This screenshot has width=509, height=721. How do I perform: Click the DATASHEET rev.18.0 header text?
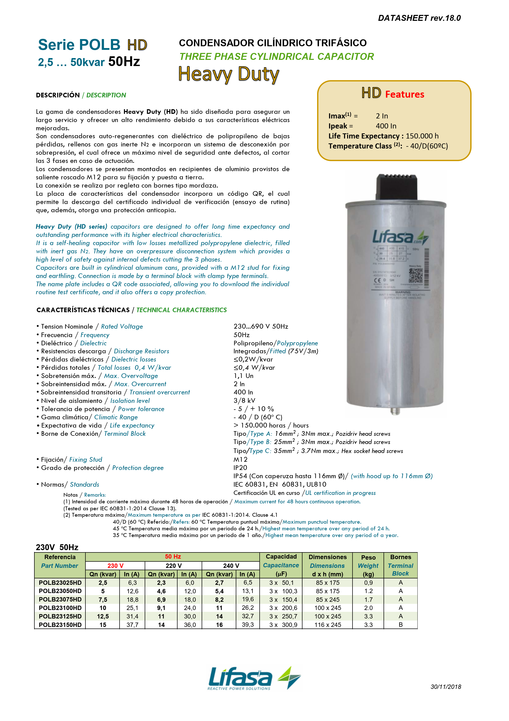419,18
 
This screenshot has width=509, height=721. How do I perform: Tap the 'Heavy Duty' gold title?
228,75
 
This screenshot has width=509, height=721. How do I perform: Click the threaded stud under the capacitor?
395,411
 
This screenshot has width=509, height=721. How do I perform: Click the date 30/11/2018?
445,687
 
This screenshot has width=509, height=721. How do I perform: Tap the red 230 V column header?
115,566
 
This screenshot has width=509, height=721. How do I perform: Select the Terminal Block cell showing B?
400,625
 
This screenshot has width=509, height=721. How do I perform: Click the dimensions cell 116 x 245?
327,625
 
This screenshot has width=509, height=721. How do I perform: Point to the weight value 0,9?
368,583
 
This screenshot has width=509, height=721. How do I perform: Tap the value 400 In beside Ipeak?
386,126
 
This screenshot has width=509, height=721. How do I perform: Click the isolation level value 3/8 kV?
244,400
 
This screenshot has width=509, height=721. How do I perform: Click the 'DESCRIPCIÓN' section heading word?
58,95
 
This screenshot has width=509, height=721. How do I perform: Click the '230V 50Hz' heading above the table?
57,547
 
